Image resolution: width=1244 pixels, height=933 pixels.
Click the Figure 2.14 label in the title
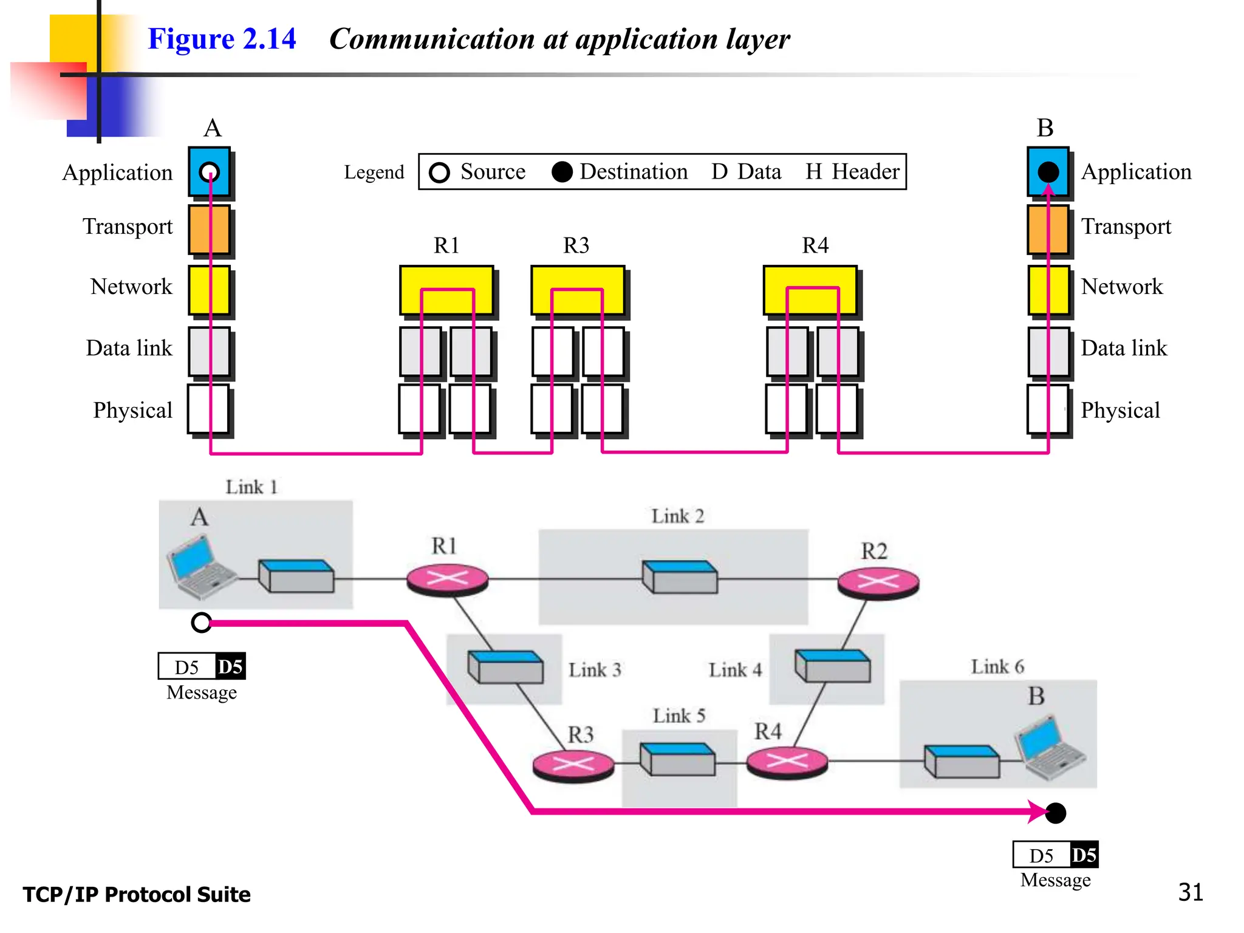pos(222,39)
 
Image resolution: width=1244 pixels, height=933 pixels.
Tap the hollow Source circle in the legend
pos(439,173)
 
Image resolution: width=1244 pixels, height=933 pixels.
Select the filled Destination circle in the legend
pos(562,172)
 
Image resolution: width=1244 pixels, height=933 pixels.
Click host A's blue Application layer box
pos(209,171)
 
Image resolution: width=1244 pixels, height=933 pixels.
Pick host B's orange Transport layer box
pos(1048,229)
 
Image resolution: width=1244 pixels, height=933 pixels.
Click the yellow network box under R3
pos(578,290)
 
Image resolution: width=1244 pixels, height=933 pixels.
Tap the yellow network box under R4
pos(810,290)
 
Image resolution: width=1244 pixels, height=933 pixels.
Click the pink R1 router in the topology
pos(448,579)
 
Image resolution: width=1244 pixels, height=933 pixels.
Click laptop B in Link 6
pos(1049,748)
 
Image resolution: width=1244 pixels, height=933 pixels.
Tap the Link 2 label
pos(677,516)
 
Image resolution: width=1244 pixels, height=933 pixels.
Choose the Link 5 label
pos(678,716)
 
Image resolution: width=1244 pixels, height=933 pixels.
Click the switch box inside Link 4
pos(832,666)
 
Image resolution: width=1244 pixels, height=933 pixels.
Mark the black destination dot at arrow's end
pos(1056,813)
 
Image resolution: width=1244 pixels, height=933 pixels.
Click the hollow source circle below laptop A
pos(201,623)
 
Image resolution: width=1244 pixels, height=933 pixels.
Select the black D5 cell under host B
pos(1084,855)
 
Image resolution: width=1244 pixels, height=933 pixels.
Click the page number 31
pos(1190,892)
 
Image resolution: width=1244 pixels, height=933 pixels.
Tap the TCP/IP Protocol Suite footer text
pos(137,895)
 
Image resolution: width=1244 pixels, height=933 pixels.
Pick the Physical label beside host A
pos(132,410)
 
